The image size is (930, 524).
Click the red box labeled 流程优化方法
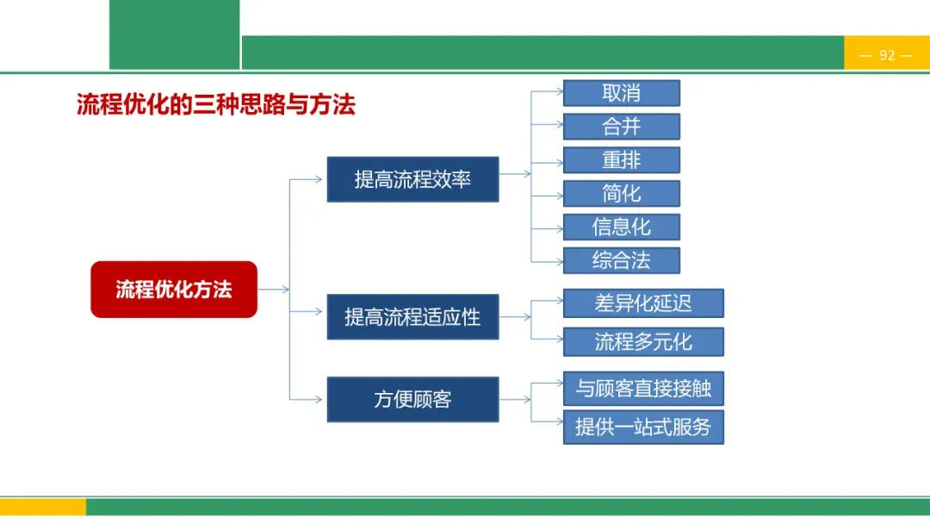click(x=174, y=290)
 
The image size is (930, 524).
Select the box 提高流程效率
click(x=412, y=179)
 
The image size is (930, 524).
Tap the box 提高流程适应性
click(x=412, y=316)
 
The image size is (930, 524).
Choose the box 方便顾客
click(x=412, y=399)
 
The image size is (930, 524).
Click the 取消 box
click(x=621, y=93)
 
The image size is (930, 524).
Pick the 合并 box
click(x=621, y=127)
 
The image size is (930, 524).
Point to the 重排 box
click(x=621, y=160)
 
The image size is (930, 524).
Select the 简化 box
click(x=621, y=193)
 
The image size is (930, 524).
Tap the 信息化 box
click(x=621, y=227)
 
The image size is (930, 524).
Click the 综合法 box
click(x=621, y=260)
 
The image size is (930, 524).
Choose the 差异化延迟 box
click(x=643, y=303)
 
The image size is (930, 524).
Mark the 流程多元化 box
click(x=643, y=341)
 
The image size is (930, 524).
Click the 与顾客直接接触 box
click(x=643, y=389)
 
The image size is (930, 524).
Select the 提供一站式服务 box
click(x=643, y=427)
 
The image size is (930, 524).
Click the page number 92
click(x=887, y=55)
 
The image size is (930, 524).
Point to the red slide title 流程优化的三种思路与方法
click(x=216, y=105)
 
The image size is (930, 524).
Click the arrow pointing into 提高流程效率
click(x=310, y=179)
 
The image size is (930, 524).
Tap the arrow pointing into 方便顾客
click(x=310, y=399)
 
